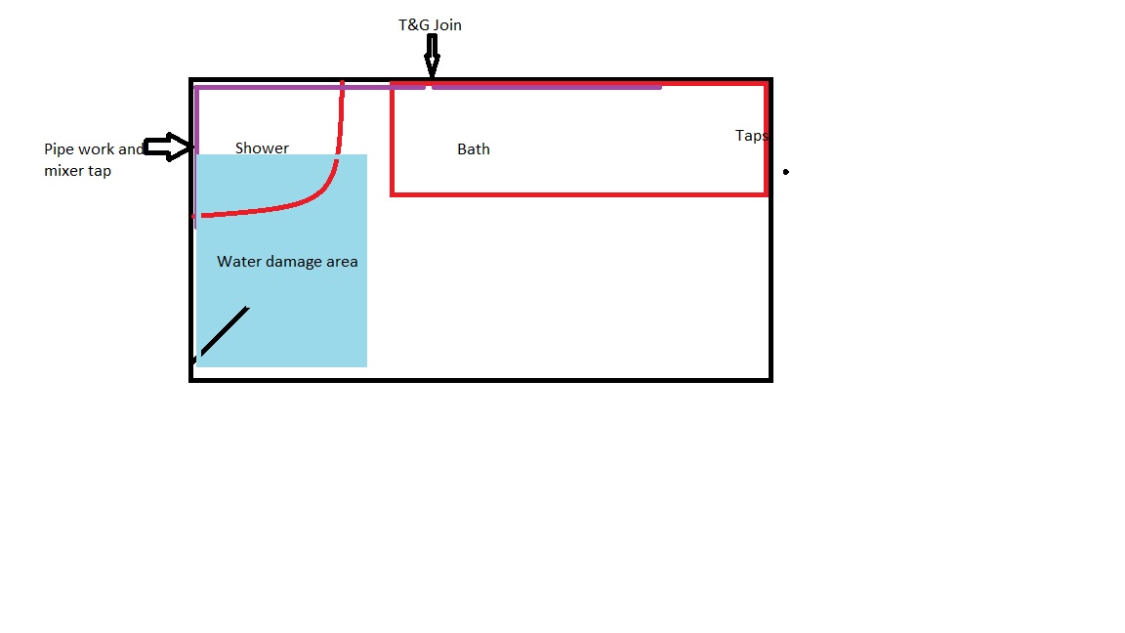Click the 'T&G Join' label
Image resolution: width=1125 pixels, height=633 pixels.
click(430, 25)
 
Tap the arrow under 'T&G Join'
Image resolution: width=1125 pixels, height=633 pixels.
click(432, 56)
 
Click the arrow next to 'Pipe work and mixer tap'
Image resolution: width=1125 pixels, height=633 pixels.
click(169, 147)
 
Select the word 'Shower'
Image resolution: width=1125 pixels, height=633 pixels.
click(262, 148)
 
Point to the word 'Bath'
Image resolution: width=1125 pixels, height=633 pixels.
click(474, 149)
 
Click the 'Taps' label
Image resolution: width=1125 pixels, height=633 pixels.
click(751, 136)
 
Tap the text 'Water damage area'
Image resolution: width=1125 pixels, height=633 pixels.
click(287, 262)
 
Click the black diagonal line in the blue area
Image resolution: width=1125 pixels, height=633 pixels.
click(221, 334)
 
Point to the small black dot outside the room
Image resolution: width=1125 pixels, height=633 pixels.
click(786, 172)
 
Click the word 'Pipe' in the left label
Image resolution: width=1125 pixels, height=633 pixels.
click(59, 149)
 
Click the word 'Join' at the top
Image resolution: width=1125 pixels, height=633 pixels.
click(447, 25)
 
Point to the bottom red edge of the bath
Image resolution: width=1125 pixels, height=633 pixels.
click(579, 193)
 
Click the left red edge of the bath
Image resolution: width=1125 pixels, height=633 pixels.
click(393, 139)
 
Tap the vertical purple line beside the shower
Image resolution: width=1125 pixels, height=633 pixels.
click(196, 156)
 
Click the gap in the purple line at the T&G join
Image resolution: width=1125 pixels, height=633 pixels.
click(429, 88)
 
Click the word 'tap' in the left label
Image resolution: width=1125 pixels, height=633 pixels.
click(100, 172)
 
